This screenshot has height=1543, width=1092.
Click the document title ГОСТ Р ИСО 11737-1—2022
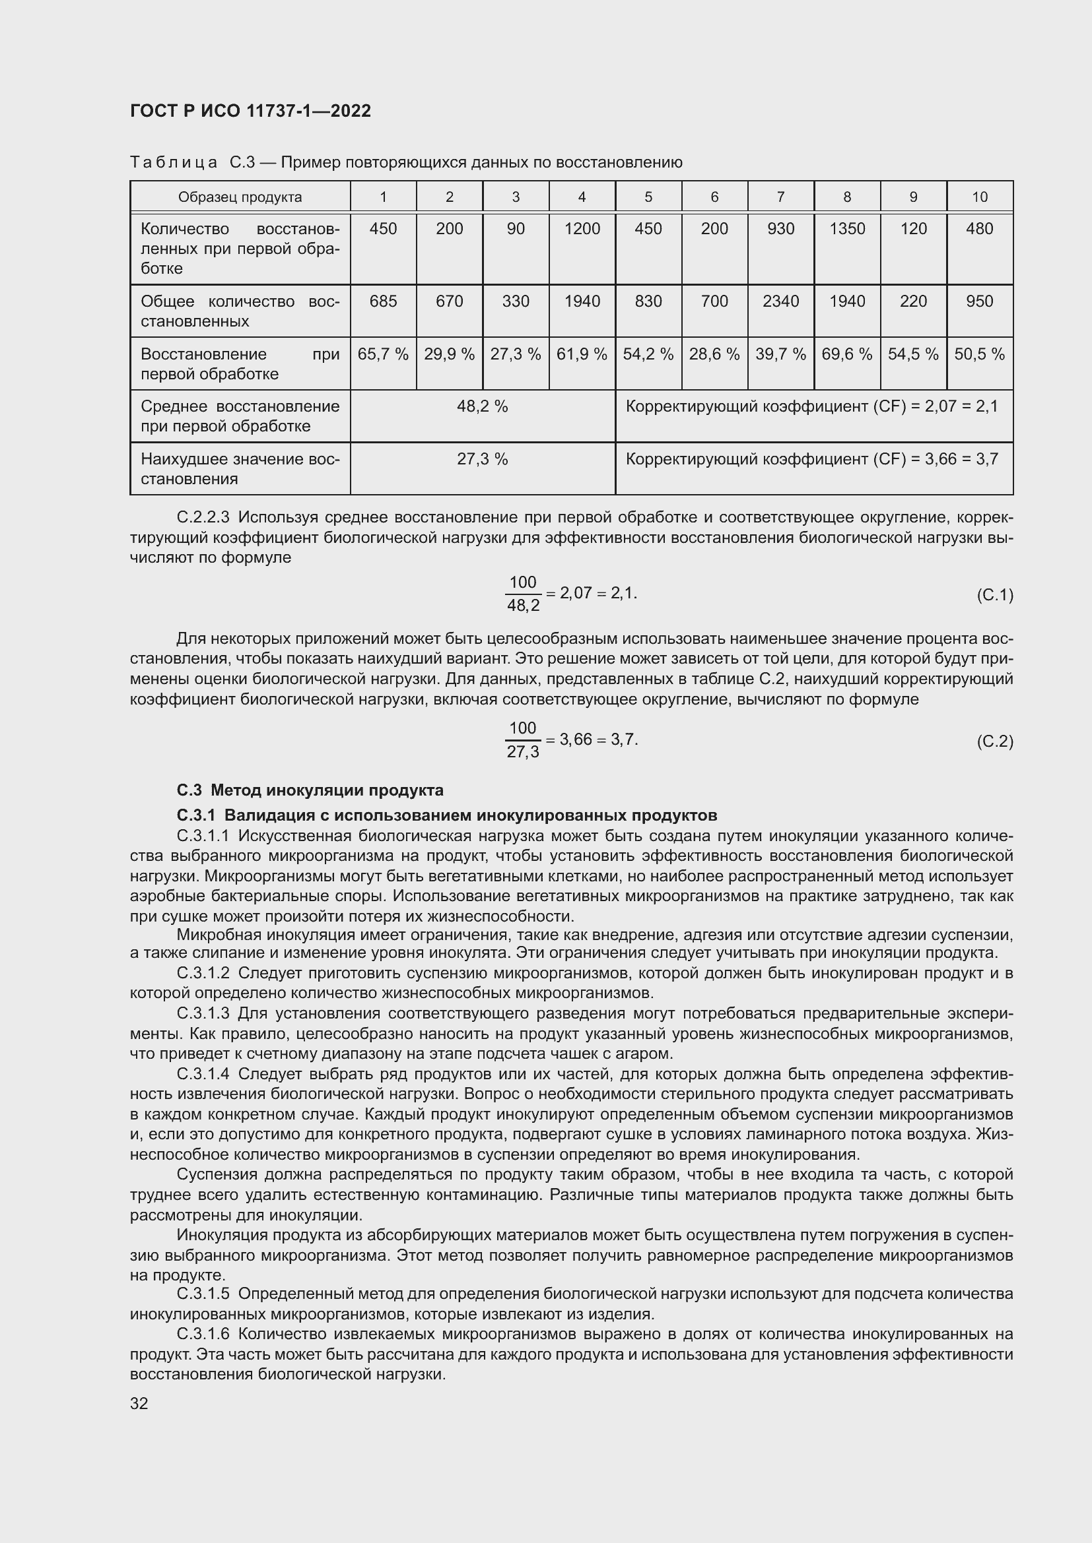coord(250,111)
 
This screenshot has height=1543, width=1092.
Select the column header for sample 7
coord(780,197)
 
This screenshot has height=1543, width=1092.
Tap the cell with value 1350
coord(846,229)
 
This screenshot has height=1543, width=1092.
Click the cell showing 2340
coord(780,301)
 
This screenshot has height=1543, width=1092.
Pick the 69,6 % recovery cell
coord(846,354)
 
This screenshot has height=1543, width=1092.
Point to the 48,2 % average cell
coord(482,406)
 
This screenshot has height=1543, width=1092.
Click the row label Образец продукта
coord(240,197)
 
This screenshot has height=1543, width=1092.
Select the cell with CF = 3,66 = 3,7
coord(812,459)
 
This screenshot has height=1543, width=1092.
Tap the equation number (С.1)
coord(994,595)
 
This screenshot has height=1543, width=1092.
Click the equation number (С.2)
coord(994,741)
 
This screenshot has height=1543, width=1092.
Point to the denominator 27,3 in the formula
coord(523,752)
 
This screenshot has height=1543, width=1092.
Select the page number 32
coord(139,1403)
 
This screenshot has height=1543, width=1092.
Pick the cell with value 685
coord(383,301)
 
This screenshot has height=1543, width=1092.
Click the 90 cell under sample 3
coord(516,229)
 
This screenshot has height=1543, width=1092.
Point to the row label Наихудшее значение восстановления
coord(240,469)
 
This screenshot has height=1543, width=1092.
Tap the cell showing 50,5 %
coord(979,354)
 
